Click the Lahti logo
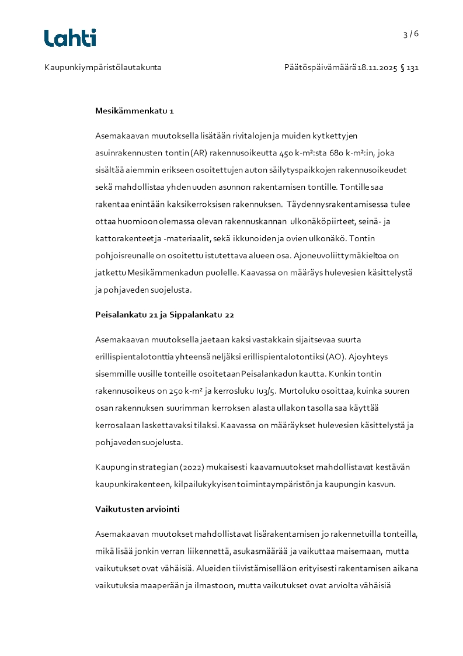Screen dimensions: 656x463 (70, 38)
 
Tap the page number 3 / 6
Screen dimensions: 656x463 (411, 34)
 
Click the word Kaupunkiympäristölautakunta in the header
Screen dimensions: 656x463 (103, 68)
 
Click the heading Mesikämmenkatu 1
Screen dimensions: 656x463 (134, 110)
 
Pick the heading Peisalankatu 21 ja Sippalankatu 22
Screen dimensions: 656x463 (165, 315)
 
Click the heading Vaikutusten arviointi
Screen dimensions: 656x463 (137, 509)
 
